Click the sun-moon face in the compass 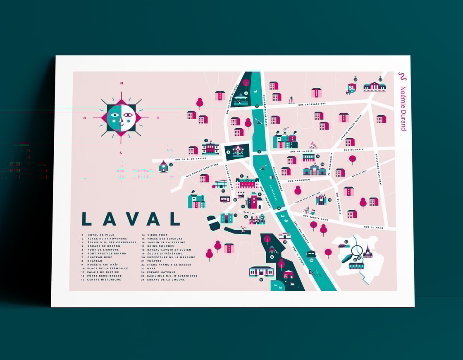tap(121, 118)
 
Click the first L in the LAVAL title tap(86, 219)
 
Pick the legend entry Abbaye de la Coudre tap(167, 279)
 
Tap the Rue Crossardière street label tap(309, 104)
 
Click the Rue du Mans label tap(374, 227)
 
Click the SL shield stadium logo tap(351, 88)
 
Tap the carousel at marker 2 tap(238, 151)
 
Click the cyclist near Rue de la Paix tap(313, 146)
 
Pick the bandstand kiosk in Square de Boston tap(241, 100)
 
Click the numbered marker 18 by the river tap(311, 260)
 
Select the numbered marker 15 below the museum tap(261, 279)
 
